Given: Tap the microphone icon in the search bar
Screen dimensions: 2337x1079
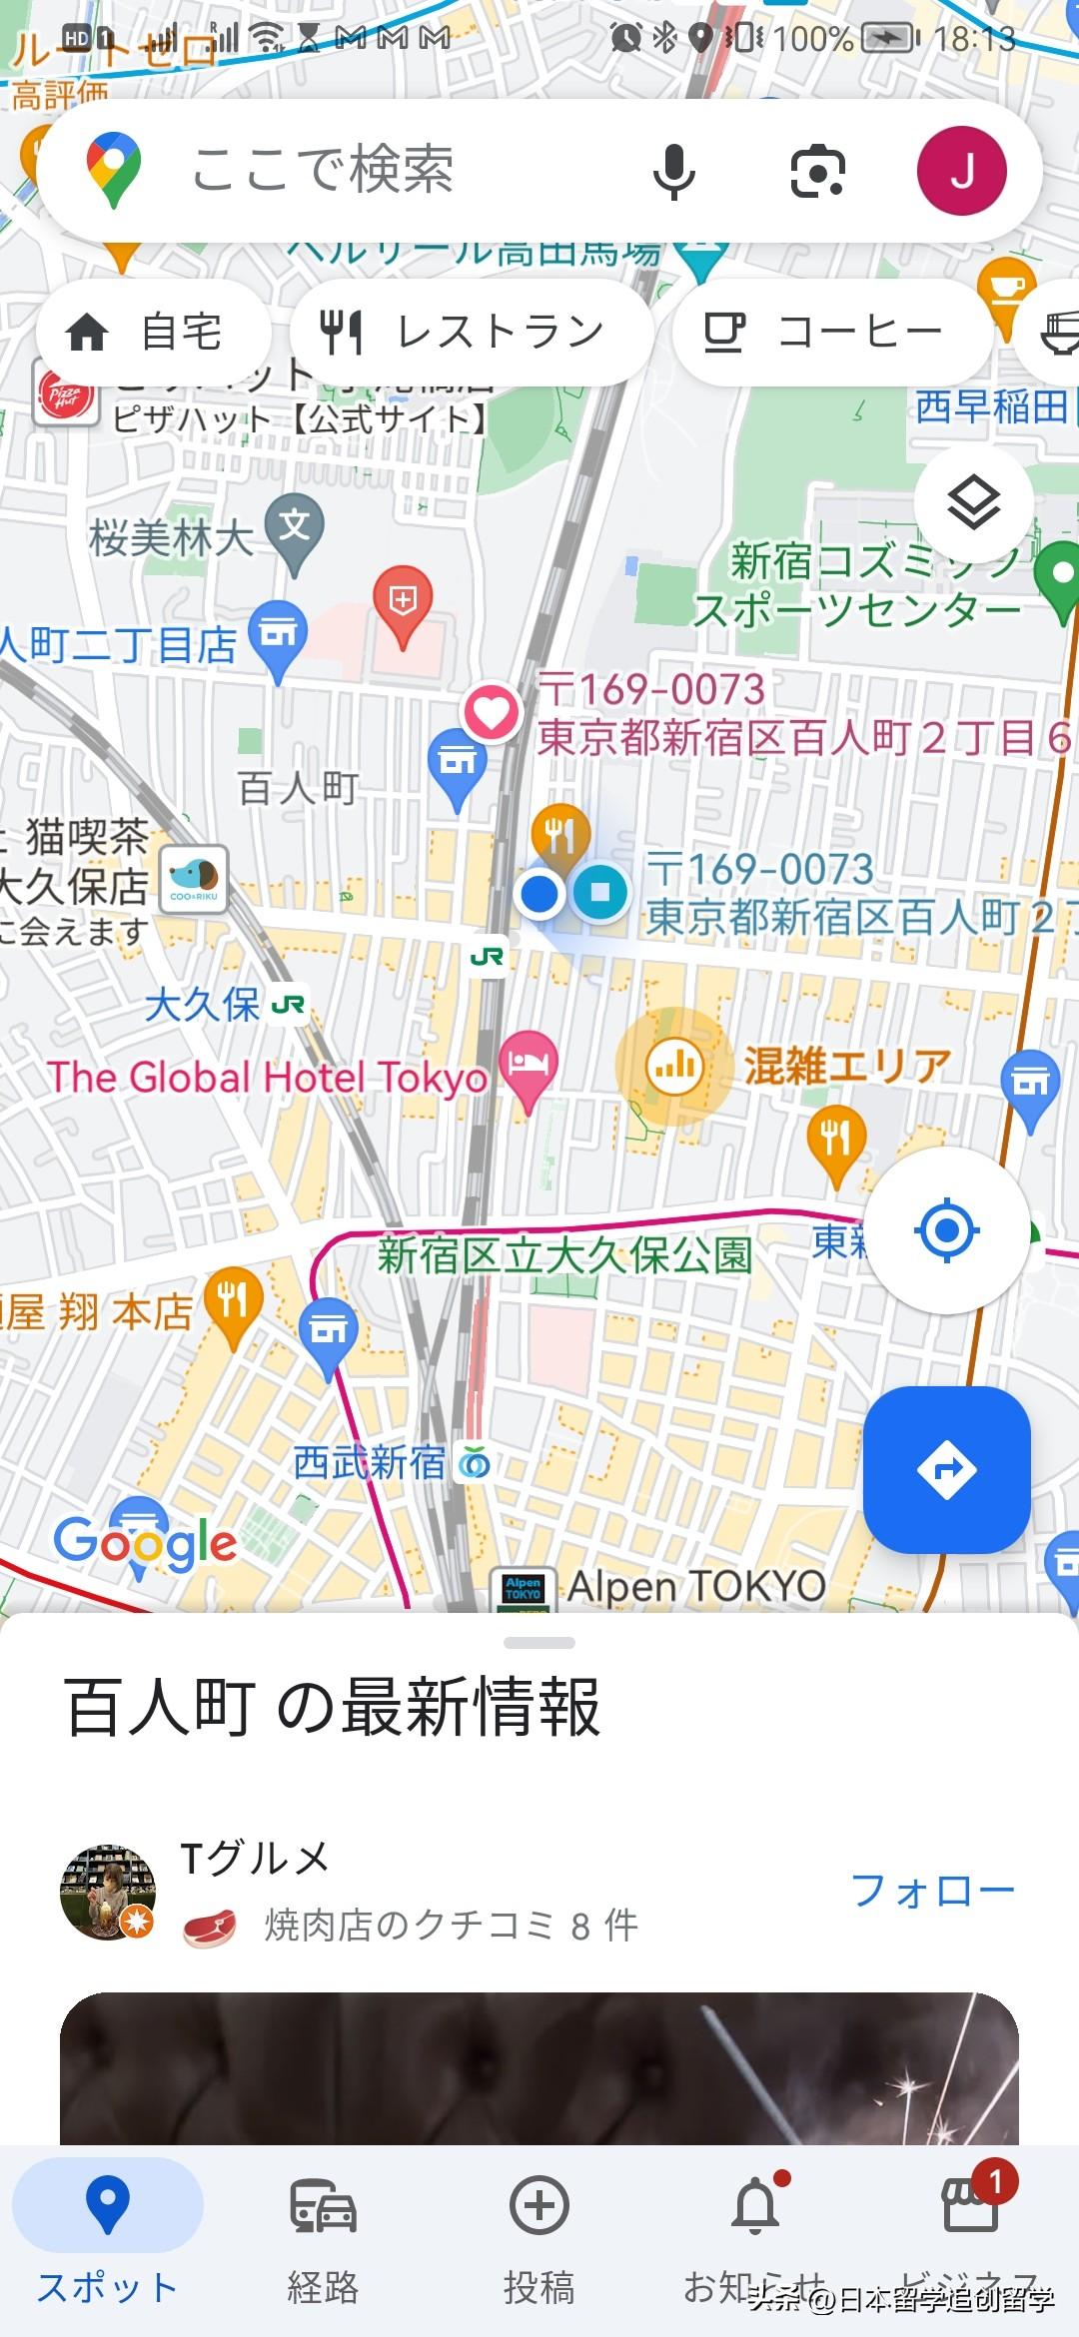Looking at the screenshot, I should click(x=673, y=171).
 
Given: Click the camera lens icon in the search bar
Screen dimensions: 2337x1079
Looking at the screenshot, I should click(x=817, y=171).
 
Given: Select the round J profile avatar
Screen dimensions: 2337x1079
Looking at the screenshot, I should click(x=961, y=171).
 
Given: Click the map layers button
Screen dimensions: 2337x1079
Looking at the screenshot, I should click(x=973, y=502).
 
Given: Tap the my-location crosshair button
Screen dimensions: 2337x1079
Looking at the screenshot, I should click(x=946, y=1230).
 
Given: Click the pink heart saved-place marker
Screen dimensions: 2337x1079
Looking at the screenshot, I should click(x=491, y=712).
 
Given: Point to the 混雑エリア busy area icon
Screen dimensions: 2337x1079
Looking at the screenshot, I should click(x=674, y=1066).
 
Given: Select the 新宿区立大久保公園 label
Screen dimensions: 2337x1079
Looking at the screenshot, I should click(x=564, y=1255).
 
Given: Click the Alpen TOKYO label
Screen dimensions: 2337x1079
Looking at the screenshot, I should click(x=696, y=1585).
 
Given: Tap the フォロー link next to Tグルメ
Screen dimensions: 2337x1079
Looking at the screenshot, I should click(x=932, y=1890).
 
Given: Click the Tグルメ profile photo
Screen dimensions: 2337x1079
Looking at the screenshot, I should click(x=108, y=1892).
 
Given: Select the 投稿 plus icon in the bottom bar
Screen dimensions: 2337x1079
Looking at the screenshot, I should click(x=539, y=2205).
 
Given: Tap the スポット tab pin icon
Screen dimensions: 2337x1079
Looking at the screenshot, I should click(x=108, y=2203).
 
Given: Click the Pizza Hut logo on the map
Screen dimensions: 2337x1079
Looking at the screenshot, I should click(x=65, y=396).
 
